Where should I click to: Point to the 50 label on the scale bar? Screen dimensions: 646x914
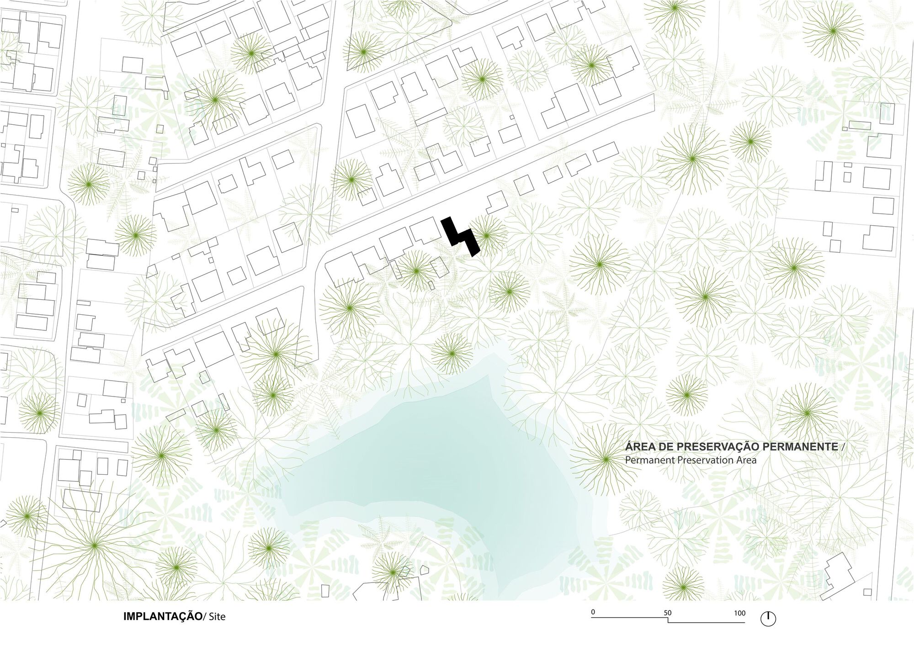coord(668,613)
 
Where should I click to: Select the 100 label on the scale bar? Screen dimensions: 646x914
coord(739,613)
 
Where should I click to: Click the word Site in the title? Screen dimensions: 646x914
coord(217,617)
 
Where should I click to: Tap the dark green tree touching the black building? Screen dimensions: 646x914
coord(486,235)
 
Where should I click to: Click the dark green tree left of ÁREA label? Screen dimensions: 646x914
coord(606,459)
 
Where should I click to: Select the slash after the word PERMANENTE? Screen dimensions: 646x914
coord(844,446)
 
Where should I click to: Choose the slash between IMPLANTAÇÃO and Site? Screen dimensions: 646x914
coord(205,617)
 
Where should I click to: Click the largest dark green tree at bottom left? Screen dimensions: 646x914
coord(94,545)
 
